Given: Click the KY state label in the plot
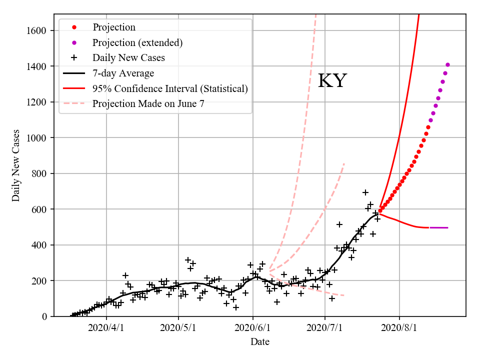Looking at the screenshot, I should (332, 81).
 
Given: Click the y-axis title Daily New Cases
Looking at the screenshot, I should (16, 165).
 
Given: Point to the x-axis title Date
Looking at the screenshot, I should (260, 342).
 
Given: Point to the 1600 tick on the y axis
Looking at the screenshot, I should (37, 30).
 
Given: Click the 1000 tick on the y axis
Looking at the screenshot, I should (37, 138).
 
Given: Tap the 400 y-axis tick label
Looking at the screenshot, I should (39, 245).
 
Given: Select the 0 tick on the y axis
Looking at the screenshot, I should (44, 316).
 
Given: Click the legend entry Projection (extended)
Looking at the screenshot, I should (137, 42).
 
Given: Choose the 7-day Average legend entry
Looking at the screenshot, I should (123, 73).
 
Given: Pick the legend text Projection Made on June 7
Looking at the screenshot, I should (148, 104).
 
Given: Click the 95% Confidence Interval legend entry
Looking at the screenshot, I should (170, 89).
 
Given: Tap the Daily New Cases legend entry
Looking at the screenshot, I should (128, 58).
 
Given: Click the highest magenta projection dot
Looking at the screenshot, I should (447, 64).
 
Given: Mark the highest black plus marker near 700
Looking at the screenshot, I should (365, 192).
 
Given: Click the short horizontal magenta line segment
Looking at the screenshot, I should (438, 227).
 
